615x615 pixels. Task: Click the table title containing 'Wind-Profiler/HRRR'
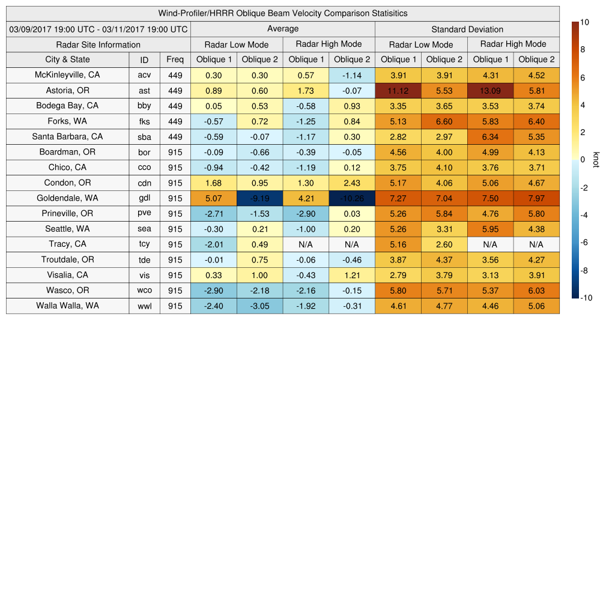pyautogui.click(x=283, y=13)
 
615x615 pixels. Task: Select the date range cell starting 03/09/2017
pyautogui.click(x=98, y=29)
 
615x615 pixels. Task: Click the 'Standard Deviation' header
pyautogui.click(x=467, y=29)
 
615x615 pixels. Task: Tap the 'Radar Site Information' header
pyautogui.click(x=98, y=44)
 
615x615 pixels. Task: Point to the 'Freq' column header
pyautogui.click(x=175, y=59)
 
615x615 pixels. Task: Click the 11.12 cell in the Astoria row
pyautogui.click(x=398, y=90)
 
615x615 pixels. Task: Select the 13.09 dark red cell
pyautogui.click(x=490, y=90)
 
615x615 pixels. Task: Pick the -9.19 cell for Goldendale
pyautogui.click(x=259, y=198)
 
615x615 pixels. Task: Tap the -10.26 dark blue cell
pyautogui.click(x=351, y=198)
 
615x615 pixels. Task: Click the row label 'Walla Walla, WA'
pyautogui.click(x=67, y=306)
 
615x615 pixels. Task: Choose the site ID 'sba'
pyautogui.click(x=144, y=137)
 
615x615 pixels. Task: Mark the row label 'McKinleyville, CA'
pyautogui.click(x=67, y=75)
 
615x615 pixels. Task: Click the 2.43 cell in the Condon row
pyautogui.click(x=351, y=183)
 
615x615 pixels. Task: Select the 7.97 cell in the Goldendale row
pyautogui.click(x=536, y=198)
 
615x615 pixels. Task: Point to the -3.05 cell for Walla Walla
pyautogui.click(x=259, y=306)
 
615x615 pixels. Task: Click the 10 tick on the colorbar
pyautogui.click(x=584, y=22)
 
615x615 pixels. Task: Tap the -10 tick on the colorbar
pyautogui.click(x=586, y=298)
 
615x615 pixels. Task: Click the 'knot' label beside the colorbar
pyautogui.click(x=595, y=160)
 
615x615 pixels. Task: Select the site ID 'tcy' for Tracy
pyautogui.click(x=144, y=244)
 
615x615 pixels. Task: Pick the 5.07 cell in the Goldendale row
pyautogui.click(x=213, y=198)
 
